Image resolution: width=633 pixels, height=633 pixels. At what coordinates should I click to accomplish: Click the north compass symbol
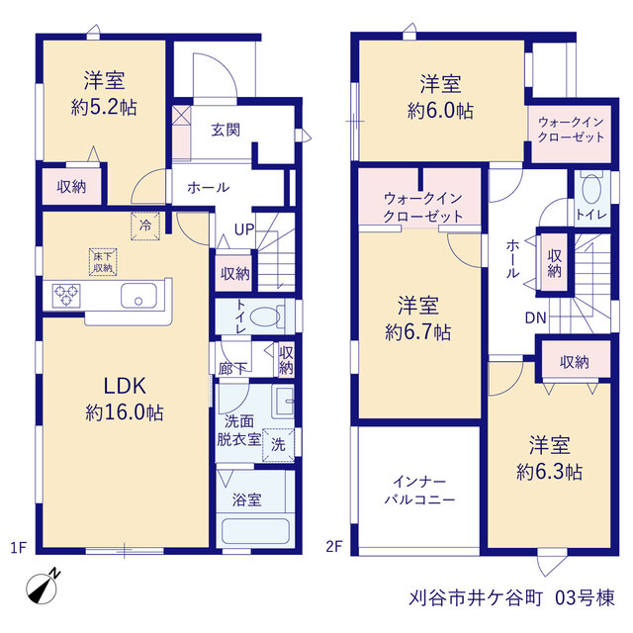(43, 587)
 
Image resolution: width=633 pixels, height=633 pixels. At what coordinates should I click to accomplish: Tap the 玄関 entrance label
(226, 130)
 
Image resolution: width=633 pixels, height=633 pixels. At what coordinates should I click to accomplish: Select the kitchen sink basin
(138, 296)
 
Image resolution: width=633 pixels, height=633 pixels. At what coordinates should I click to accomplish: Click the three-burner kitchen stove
(66, 296)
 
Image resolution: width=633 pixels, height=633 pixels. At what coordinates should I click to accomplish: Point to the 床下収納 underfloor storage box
(103, 262)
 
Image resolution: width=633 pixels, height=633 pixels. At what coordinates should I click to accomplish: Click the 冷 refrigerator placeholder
(145, 226)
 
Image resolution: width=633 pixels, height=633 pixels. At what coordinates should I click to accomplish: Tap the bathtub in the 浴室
(255, 532)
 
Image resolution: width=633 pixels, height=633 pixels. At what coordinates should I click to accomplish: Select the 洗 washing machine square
(278, 445)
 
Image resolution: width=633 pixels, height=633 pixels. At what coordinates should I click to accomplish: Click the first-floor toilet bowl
(265, 316)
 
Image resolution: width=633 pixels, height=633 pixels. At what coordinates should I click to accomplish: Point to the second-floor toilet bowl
(591, 189)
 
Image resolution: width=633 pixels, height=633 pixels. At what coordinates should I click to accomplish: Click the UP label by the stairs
(244, 229)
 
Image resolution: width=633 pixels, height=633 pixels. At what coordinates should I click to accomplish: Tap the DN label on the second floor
(535, 318)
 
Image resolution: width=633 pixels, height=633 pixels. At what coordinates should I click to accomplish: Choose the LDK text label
(125, 386)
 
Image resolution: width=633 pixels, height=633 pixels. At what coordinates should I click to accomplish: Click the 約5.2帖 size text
(104, 108)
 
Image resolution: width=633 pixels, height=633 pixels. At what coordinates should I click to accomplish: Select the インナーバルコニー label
(419, 491)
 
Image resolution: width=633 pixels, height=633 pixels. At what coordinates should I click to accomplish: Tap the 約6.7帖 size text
(417, 332)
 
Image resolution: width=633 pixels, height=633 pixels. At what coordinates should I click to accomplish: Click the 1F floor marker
(18, 548)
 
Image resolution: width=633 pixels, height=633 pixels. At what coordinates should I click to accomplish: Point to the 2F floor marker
(334, 547)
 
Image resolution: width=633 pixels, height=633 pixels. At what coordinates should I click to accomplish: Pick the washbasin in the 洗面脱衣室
(284, 402)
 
